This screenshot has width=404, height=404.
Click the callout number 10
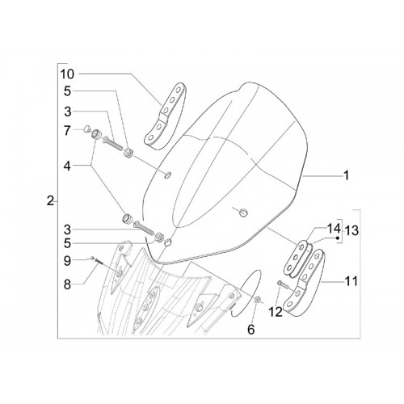point(67,74)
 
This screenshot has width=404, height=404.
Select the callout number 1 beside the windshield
point(347,175)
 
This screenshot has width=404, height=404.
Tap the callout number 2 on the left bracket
point(50,201)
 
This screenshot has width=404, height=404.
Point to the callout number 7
point(67,131)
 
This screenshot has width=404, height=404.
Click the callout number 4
point(67,166)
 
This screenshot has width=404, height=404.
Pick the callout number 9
point(67,261)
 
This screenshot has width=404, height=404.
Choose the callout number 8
point(67,284)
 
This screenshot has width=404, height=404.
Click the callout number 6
point(250,330)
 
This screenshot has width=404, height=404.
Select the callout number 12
point(276,312)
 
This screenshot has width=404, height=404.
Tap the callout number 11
point(351,281)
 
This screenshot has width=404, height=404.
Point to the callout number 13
point(352,231)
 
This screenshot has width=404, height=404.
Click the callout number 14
point(334,229)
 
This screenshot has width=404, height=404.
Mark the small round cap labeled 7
point(86,129)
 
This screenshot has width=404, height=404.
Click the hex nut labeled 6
point(257,300)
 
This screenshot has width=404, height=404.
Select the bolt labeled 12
point(282,284)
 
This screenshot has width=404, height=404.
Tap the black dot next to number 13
point(337,238)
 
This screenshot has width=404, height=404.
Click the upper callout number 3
point(68,112)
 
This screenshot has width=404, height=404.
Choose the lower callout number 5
point(67,243)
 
